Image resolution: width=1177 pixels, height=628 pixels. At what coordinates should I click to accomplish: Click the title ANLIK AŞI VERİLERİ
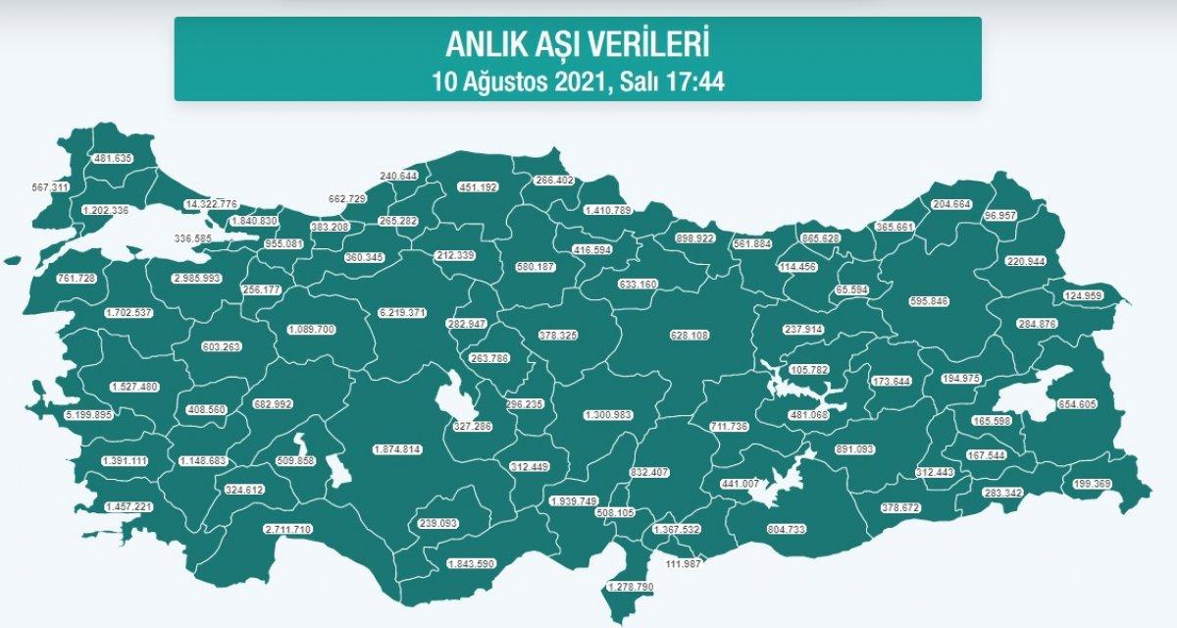point(578,44)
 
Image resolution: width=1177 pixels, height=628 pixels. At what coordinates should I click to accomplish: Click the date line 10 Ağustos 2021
point(578,80)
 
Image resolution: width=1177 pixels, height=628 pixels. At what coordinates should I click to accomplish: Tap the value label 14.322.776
point(211,203)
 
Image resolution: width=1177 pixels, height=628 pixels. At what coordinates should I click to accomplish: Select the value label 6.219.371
point(402,312)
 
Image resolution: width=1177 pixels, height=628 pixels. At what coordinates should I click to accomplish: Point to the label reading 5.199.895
point(60,415)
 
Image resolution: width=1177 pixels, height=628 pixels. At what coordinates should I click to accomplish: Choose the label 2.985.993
point(197,279)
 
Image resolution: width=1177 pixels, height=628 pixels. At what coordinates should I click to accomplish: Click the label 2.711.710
point(288,530)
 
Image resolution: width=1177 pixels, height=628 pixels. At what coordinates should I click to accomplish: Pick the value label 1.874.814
point(397,449)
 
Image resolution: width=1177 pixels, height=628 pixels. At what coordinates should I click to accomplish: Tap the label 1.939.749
point(574,500)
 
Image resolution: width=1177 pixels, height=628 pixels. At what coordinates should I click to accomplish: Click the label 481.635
point(113,158)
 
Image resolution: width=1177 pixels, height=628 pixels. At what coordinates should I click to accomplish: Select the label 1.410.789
point(607,209)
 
